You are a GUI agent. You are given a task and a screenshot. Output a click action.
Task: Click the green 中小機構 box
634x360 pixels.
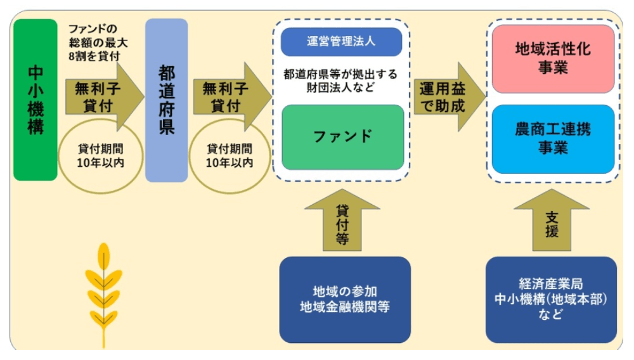(36, 100)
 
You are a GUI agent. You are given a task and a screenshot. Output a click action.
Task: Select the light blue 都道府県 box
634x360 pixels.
(167, 100)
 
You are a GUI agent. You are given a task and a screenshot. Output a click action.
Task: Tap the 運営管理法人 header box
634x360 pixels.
(342, 42)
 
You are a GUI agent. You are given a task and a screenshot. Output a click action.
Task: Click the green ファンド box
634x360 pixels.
(342, 137)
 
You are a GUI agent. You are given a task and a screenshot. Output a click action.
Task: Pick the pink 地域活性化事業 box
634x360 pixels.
(553, 59)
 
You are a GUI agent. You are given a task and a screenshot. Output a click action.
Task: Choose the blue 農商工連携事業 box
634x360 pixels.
(553, 139)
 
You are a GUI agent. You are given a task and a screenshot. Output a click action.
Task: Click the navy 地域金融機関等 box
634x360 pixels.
(344, 299)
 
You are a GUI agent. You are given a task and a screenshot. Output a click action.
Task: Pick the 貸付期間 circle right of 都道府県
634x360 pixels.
(230, 156)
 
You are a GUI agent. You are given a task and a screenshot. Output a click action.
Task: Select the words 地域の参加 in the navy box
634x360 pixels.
(344, 292)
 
